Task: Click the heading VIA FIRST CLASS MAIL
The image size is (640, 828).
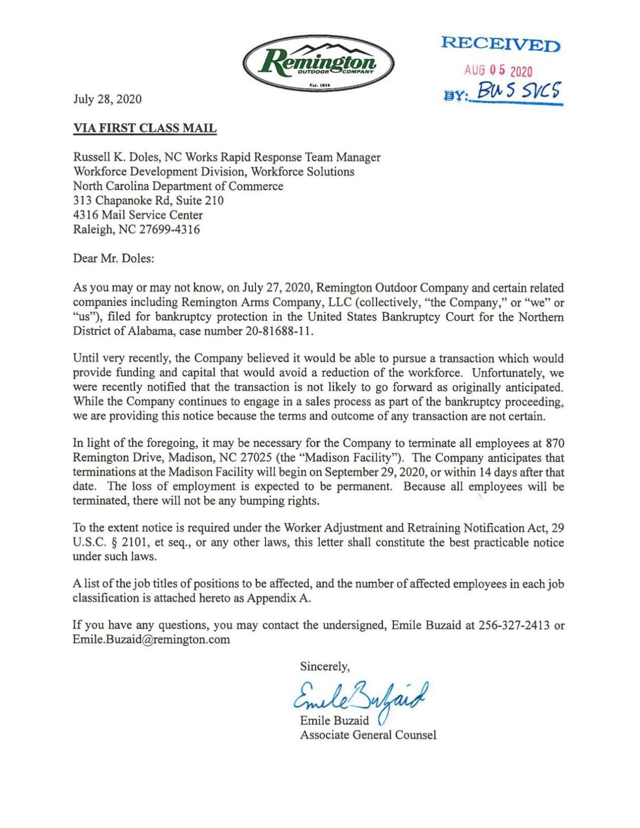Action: coord(145,128)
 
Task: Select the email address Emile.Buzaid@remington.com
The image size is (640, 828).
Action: coord(151,640)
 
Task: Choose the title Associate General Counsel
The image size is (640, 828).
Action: coord(368,735)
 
